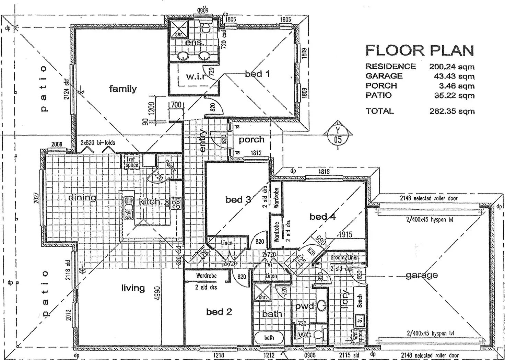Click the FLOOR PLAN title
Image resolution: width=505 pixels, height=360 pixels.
pyautogui.click(x=420, y=50)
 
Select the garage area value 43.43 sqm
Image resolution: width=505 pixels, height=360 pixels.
pyautogui.click(x=452, y=76)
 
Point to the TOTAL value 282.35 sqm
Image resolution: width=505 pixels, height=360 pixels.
pyautogui.click(x=452, y=111)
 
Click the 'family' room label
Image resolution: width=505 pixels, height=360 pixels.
pyautogui.click(x=123, y=89)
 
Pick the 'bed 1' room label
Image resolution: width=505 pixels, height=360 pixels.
pyautogui.click(x=257, y=74)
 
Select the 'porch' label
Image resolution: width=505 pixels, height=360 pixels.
pyautogui.click(x=251, y=139)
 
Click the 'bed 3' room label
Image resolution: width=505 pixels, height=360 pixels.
pyautogui.click(x=238, y=199)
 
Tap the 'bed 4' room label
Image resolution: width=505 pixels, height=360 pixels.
pyautogui.click(x=322, y=217)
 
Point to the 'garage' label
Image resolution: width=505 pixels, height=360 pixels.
pyautogui.click(x=422, y=275)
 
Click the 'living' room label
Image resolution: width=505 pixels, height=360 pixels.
pyautogui.click(x=133, y=288)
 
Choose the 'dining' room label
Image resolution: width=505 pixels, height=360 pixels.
pyautogui.click(x=82, y=197)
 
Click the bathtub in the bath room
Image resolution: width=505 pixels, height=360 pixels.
pyautogui.click(x=269, y=338)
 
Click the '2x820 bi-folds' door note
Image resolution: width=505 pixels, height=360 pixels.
pyautogui.click(x=98, y=143)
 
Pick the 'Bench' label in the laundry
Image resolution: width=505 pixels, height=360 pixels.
pyautogui.click(x=360, y=301)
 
